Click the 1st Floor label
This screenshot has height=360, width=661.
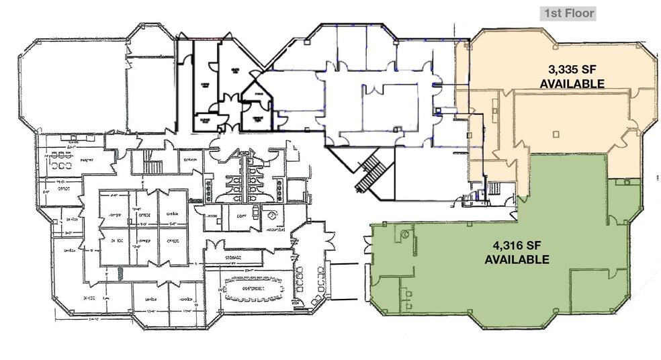tap(568, 12)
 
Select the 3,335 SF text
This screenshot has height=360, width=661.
tap(573, 69)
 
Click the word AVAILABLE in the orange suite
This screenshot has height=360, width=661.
tap(573, 83)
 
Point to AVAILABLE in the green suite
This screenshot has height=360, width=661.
tap(517, 259)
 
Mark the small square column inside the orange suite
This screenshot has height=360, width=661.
tap(556, 134)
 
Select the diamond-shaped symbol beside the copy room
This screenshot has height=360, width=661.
tap(272, 216)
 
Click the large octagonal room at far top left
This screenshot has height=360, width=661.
tap(74, 84)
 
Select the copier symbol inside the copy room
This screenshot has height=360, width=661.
tap(256, 215)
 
